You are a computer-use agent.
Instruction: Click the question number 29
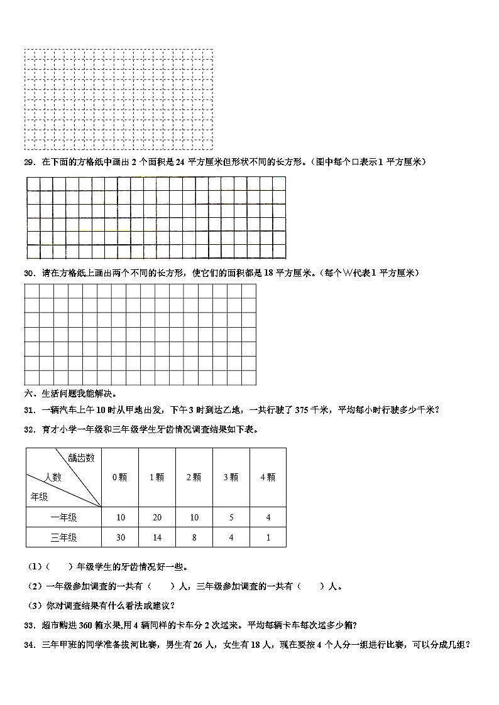(30, 163)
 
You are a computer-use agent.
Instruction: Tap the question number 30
(30, 273)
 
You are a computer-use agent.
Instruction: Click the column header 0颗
(119, 477)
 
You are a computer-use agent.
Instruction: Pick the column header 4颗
(268, 477)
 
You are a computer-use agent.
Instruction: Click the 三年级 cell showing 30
(120, 537)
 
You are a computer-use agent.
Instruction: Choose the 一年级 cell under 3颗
(231, 517)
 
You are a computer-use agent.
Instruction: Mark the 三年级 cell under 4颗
(268, 537)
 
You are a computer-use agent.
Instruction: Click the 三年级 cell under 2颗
(194, 537)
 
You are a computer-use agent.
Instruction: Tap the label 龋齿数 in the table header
(81, 458)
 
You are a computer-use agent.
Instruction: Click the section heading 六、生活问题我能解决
(69, 394)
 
